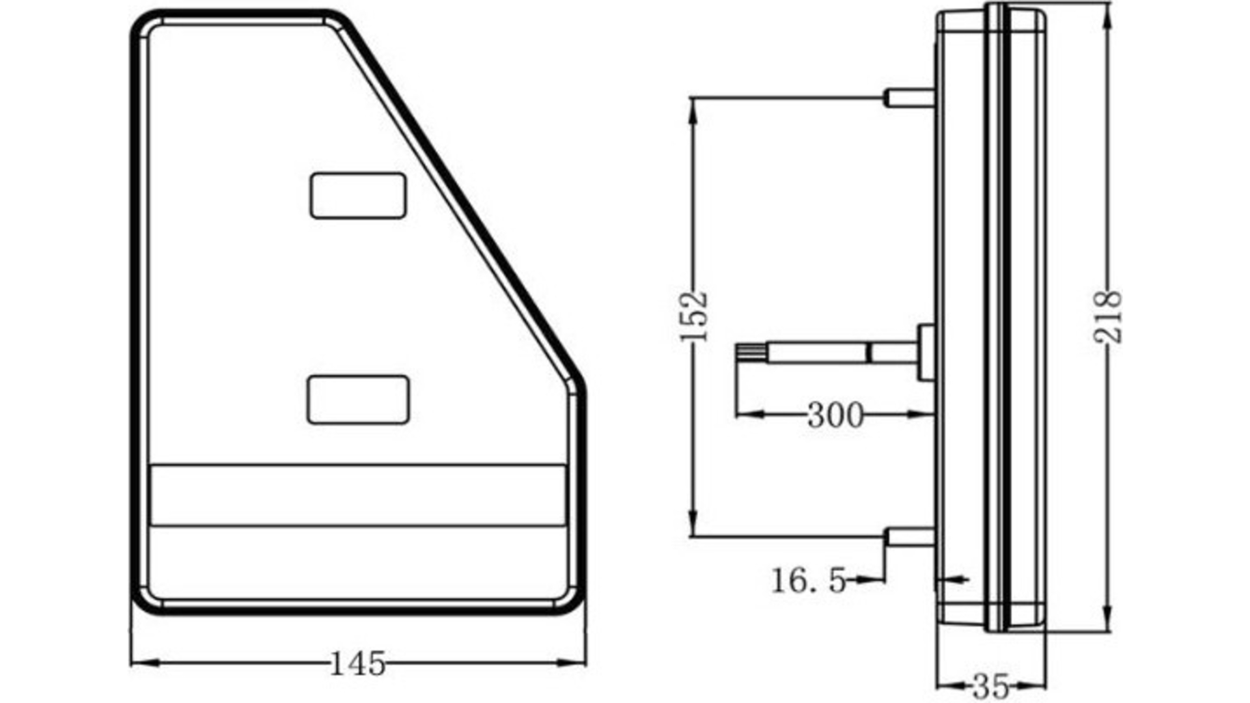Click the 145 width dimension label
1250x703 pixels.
357,664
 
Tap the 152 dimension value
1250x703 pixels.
693,316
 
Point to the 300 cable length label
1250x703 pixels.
835,415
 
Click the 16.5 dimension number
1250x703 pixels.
809,580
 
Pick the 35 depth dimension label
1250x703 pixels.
990,685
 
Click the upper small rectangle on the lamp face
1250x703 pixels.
358,196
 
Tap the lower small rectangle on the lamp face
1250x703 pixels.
358,400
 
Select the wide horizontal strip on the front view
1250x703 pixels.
357,495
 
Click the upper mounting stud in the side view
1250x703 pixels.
910,98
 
